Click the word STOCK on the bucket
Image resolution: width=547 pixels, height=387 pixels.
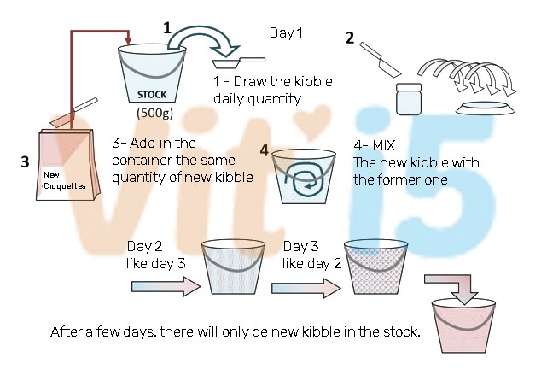pos(152,95)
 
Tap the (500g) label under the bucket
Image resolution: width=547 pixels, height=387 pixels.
pos(155,113)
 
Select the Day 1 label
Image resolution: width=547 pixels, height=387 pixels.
pos(286,32)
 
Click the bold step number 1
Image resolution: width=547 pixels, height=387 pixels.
pos(167,28)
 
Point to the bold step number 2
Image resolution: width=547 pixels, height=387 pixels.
pos(350,38)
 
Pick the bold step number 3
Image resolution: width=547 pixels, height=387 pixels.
pos(25,162)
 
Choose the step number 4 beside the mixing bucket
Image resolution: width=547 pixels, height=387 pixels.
pos(265,150)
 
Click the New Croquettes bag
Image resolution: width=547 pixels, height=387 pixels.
pos(68,165)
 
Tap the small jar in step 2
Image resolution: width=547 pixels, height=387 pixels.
pos(409,99)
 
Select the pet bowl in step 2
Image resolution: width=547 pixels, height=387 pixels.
pos(486,108)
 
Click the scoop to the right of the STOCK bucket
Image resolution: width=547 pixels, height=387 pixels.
pos(239,63)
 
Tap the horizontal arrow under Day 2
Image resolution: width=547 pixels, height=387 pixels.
pos(166,287)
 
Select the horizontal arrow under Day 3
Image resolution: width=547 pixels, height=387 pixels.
pos(306,288)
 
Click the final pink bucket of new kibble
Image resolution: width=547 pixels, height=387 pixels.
pos(463,325)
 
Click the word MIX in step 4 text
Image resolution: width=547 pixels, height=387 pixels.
pos(383,145)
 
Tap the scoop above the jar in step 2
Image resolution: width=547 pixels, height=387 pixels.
pos(381,60)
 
